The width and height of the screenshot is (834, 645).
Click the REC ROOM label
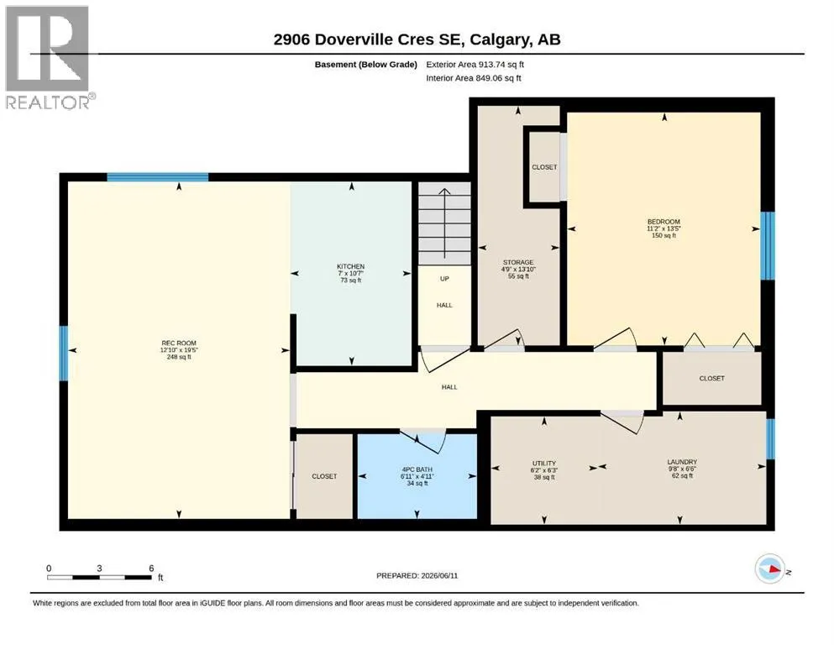pyautogui.click(x=179, y=343)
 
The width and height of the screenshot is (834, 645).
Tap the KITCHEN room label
pyautogui.click(x=350, y=266)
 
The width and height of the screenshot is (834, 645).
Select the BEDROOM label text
pyautogui.click(x=664, y=222)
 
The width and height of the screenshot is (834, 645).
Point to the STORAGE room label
pyautogui.click(x=518, y=262)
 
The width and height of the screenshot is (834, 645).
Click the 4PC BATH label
pyautogui.click(x=417, y=469)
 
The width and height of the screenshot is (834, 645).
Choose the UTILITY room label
pyautogui.click(x=543, y=463)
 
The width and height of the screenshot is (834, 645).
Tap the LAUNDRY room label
pyautogui.click(x=682, y=462)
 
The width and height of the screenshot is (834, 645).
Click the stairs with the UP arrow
pyautogui.click(x=444, y=223)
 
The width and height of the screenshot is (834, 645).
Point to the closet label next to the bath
pyautogui.click(x=324, y=476)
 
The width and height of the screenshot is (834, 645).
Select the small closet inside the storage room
pyautogui.click(x=544, y=167)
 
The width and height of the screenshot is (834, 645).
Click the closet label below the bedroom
pyautogui.click(x=711, y=378)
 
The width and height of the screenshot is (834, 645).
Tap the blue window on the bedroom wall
pyautogui.click(x=767, y=246)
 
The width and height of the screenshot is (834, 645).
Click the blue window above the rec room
pyautogui.click(x=157, y=177)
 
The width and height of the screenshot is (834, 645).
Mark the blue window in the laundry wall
pyautogui.click(x=770, y=438)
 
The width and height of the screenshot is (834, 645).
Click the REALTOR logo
pyautogui.click(x=50, y=57)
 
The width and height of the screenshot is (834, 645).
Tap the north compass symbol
pyautogui.click(x=770, y=569)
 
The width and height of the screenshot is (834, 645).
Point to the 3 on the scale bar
pyautogui.click(x=99, y=568)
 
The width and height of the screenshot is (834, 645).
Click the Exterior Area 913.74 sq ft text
pyautogui.click(x=475, y=65)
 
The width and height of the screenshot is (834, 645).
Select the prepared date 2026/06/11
pyautogui.click(x=439, y=575)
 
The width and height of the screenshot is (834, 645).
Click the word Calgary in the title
pyautogui.click(x=500, y=39)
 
